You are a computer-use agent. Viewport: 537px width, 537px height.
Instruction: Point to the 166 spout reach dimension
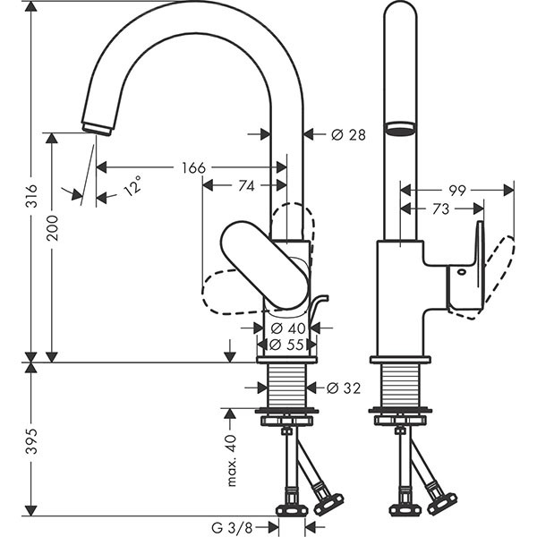(x=193, y=167)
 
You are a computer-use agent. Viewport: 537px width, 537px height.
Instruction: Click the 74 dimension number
(x=247, y=185)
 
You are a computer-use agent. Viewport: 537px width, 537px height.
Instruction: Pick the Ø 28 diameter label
(x=348, y=134)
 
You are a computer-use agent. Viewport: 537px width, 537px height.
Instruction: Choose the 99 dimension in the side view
(x=457, y=190)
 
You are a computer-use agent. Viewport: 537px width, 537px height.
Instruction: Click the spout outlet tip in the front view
(x=97, y=126)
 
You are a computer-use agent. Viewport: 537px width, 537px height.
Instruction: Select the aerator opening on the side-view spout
(x=399, y=128)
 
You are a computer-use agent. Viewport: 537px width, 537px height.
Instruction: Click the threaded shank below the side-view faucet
(x=399, y=386)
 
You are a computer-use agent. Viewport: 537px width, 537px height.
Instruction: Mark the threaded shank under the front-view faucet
(x=287, y=386)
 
